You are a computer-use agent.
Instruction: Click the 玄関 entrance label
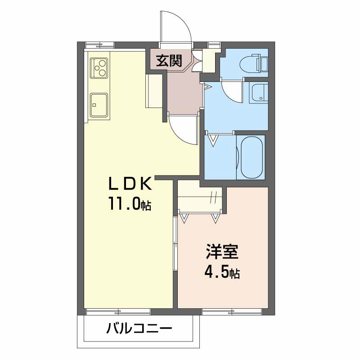(169, 61)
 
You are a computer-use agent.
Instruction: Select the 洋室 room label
(222, 252)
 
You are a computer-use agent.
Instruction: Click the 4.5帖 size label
(222, 272)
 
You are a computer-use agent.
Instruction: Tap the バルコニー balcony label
(139, 328)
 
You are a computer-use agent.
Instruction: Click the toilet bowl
(248, 63)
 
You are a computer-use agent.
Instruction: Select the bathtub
(252, 157)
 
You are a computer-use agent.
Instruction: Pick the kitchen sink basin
(99, 105)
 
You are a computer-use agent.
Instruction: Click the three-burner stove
(99, 68)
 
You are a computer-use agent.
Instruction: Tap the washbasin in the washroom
(260, 93)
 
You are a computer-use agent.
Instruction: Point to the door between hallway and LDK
(183, 130)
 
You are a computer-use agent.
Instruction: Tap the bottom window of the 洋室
(232, 312)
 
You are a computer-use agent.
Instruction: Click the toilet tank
(264, 63)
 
